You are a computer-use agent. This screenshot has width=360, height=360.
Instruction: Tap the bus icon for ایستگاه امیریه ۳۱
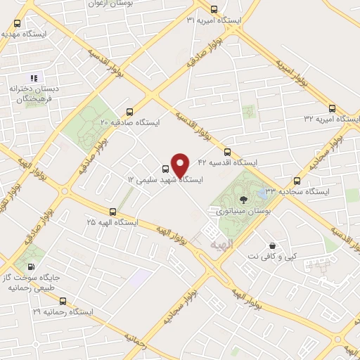(x=214, y=9)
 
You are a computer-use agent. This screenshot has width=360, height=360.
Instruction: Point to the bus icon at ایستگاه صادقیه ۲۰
(x=129, y=111)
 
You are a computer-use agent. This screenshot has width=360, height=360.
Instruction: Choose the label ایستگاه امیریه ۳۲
(x=328, y=120)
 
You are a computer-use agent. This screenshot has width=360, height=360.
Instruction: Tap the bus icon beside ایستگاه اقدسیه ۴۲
(x=227, y=151)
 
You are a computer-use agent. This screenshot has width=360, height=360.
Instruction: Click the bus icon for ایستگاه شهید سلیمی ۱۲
(x=165, y=169)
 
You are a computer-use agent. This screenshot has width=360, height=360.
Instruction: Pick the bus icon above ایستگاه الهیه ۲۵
(x=113, y=211)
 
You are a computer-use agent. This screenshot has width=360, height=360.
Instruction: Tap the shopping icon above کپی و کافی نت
(x=272, y=245)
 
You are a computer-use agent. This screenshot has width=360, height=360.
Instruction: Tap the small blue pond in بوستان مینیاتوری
(x=262, y=191)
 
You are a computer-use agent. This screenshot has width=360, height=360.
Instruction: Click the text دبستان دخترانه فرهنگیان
(x=33, y=94)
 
